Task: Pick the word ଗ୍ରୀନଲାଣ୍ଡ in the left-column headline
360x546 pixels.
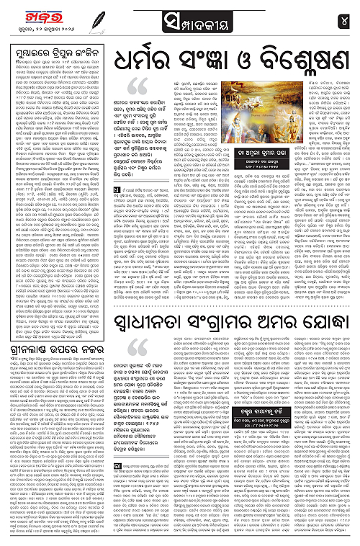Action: (26, 354)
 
